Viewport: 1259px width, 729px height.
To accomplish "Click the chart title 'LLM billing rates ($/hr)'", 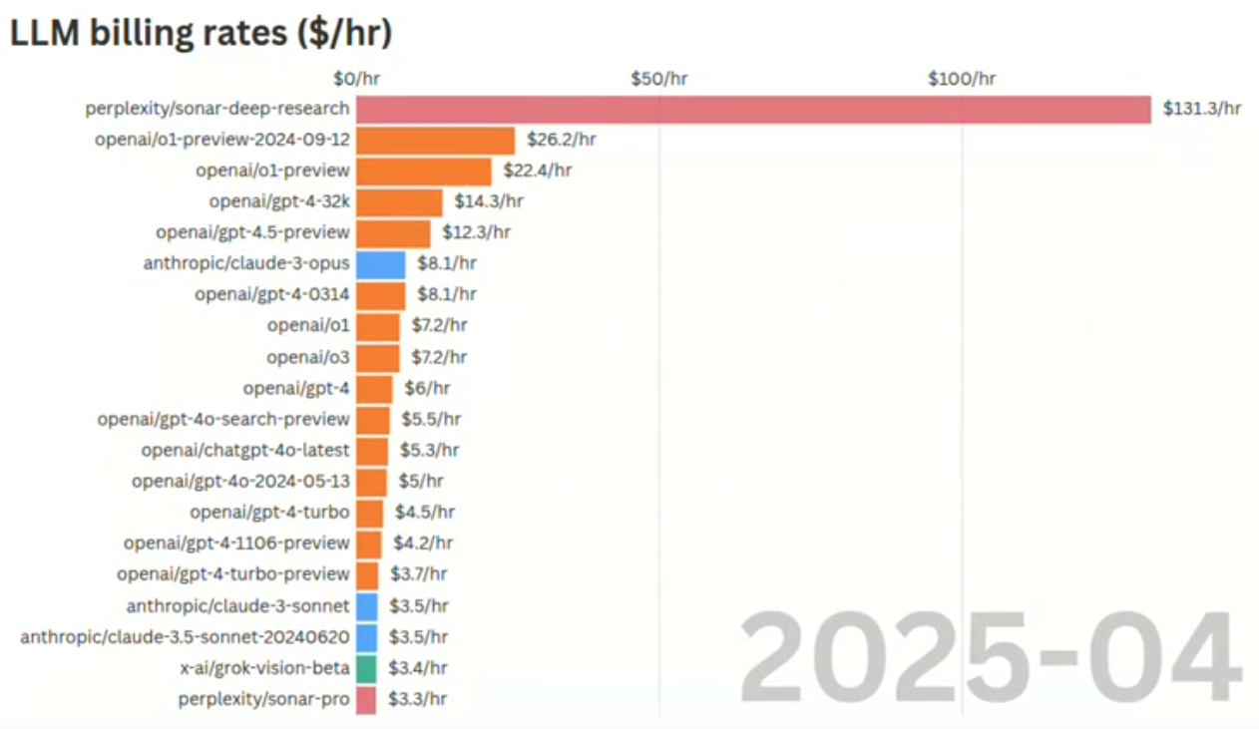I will [201, 33].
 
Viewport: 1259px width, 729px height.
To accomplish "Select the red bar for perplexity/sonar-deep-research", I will [753, 109].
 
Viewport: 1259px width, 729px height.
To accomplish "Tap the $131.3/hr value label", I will [1201, 109].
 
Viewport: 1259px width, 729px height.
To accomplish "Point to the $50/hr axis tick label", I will [658, 78].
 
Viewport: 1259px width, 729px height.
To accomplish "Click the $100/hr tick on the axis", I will [962, 78].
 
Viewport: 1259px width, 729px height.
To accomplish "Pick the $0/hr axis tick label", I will [356, 78].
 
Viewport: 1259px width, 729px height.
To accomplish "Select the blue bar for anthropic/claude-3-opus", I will [380, 264].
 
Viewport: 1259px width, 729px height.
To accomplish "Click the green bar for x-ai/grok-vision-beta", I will [366, 668].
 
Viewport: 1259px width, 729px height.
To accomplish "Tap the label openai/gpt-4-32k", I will [279, 201].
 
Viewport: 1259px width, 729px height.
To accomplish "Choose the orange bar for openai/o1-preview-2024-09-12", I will [435, 140].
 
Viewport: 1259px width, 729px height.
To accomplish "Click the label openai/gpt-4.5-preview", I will [252, 232].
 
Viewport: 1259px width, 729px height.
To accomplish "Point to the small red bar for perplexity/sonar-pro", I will [366, 699].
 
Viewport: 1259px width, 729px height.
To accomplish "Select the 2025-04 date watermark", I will [990, 658].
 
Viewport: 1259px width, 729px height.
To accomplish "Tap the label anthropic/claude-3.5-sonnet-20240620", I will [186, 636].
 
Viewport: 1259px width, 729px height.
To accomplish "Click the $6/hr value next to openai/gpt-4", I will [426, 388].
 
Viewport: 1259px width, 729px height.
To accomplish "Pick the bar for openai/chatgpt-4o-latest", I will [372, 451].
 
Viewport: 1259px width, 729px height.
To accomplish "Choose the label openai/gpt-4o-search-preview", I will [223, 419].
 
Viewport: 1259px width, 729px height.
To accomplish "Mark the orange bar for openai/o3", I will [377, 357].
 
